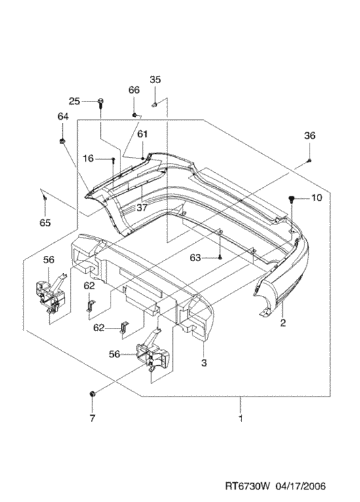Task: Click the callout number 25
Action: pyautogui.click(x=75, y=101)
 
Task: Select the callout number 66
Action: pyautogui.click(x=134, y=90)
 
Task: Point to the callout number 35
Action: pyautogui.click(x=155, y=79)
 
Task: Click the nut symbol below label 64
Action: pyautogui.click(x=62, y=141)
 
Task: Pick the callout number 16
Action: pyautogui.click(x=88, y=158)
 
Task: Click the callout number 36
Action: pyautogui.click(x=310, y=135)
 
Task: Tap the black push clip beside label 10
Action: pyautogui.click(x=291, y=200)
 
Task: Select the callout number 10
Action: pyautogui.click(x=316, y=198)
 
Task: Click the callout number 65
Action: pyautogui.click(x=45, y=223)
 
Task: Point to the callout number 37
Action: pyautogui.click(x=141, y=207)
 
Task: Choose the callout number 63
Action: pyautogui.click(x=195, y=258)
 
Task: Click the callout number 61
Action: pyautogui.click(x=142, y=134)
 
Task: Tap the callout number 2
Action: pyautogui.click(x=283, y=323)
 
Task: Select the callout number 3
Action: pyautogui.click(x=204, y=363)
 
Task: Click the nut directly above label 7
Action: pyautogui.click(x=92, y=394)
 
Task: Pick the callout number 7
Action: pyautogui.click(x=92, y=418)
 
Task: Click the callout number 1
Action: pyautogui.click(x=241, y=418)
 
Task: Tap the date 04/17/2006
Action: pyautogui.click(x=300, y=487)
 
